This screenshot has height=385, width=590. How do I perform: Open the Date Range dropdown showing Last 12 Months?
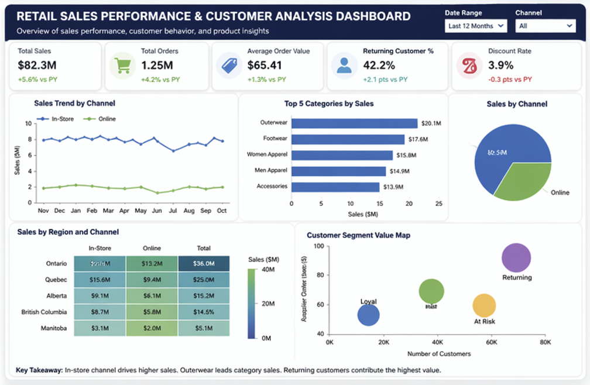476,26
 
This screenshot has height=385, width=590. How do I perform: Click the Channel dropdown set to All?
546,26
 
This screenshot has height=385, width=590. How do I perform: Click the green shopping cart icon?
122,65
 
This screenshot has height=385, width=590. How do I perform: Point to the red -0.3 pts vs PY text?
510,80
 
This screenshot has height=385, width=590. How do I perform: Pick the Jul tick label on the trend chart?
173,210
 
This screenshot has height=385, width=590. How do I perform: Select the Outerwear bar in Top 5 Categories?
354,123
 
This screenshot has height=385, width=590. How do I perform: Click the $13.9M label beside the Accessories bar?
394,187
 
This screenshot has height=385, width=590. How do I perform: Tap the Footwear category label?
275,139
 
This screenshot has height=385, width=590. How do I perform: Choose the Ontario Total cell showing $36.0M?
204,264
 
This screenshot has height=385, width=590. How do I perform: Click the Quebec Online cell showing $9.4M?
152,280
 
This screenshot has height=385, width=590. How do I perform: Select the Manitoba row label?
53,328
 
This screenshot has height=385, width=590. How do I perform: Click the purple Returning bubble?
516,258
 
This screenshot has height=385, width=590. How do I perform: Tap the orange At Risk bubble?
484,305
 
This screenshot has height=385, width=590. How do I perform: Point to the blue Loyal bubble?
368,315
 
